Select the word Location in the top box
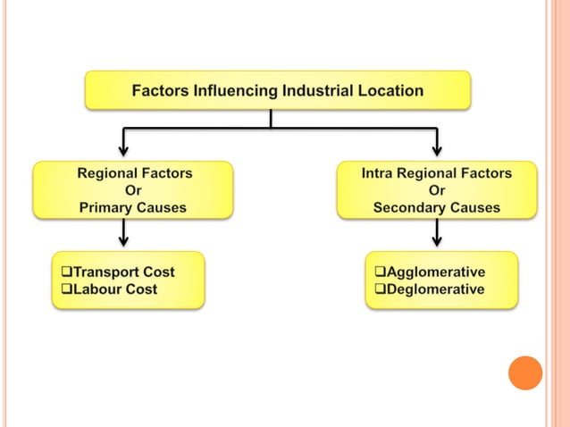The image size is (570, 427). pos(387,90)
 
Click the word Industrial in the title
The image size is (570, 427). pos(315,90)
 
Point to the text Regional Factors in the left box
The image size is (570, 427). pos(134,172)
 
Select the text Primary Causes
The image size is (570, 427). pos(132,207)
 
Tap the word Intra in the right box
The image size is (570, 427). pos(380,172)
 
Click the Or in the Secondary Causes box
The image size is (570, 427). pos(437,190)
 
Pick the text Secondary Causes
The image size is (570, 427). pos(437,207)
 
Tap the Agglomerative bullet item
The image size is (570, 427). pos(434,272)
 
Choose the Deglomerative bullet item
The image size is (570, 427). pos(434,289)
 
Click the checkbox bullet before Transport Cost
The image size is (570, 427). pos(64,272)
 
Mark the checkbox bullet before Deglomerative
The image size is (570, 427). pos(379,289)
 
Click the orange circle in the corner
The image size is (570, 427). pos(525,373)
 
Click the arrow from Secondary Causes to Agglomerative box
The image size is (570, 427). pos(437,234)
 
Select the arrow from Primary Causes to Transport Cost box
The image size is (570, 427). pos(124,234)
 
